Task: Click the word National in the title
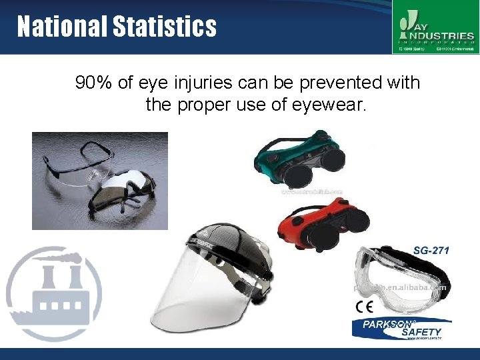[61, 27]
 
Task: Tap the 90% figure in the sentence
[93, 83]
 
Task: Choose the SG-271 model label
[431, 251]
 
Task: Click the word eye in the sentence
[153, 83]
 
